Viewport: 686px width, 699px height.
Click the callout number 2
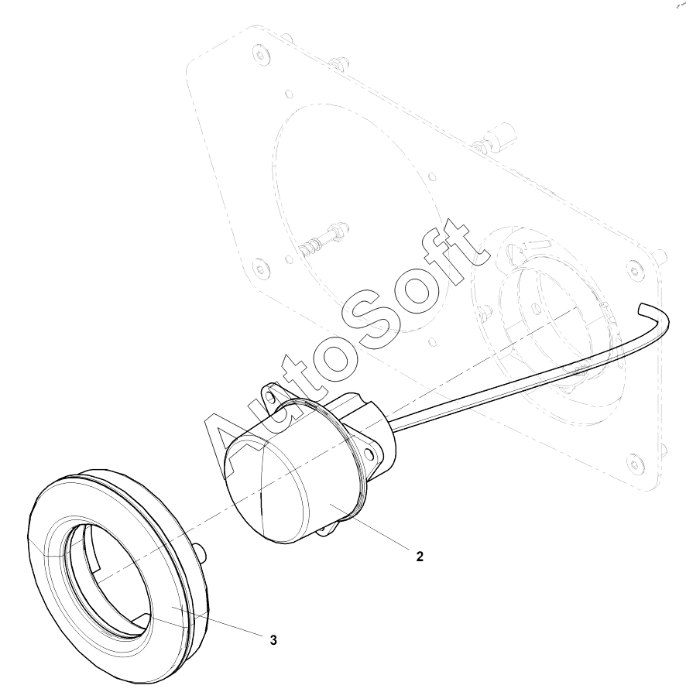click(x=420, y=557)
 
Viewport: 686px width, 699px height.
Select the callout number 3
click(x=273, y=640)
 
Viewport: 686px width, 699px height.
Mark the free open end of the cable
click(x=643, y=309)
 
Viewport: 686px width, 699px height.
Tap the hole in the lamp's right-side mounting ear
click(x=369, y=454)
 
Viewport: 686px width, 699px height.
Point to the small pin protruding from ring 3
click(x=201, y=552)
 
